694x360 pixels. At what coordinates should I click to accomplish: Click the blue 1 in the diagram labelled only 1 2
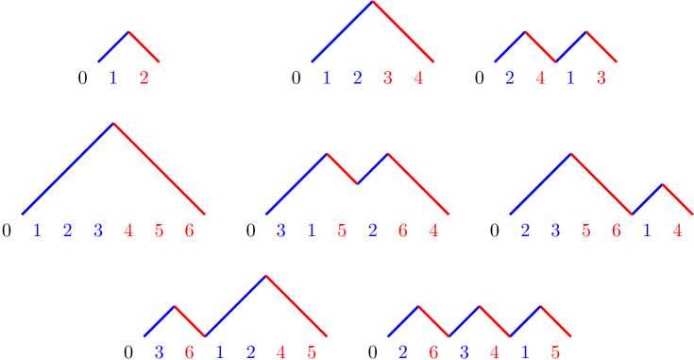[113, 78]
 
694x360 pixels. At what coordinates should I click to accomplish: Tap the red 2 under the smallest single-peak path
[144, 78]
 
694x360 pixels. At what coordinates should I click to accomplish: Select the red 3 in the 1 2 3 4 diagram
[387, 78]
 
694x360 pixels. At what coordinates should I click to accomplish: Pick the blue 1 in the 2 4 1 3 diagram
[570, 78]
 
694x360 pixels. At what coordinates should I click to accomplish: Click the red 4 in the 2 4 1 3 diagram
[540, 78]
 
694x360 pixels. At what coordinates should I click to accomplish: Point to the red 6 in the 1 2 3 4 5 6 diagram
[189, 230]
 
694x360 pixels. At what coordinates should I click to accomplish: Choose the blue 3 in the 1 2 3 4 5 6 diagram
[98, 230]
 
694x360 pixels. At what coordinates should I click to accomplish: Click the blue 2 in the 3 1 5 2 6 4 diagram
[372, 230]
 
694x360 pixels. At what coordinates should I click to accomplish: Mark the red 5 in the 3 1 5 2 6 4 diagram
[342, 230]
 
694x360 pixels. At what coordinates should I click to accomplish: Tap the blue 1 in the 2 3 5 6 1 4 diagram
[646, 230]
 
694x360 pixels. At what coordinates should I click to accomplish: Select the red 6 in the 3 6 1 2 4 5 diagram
[190, 352]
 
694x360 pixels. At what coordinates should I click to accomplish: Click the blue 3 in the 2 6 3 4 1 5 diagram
[464, 352]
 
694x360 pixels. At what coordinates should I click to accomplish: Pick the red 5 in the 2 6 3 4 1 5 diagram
[555, 352]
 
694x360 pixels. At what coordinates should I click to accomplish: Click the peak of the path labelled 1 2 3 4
[373, 2]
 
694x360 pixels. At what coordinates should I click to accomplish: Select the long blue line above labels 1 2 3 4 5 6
[68, 168]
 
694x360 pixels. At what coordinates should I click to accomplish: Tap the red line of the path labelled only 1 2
[144, 47]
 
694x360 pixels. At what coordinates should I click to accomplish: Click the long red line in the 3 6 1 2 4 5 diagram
[296, 306]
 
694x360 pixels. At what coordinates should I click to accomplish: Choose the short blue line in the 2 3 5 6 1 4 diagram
[647, 199]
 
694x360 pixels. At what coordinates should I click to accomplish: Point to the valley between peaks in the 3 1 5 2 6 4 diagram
[357, 183]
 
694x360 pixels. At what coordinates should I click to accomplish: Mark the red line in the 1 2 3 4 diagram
[404, 32]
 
